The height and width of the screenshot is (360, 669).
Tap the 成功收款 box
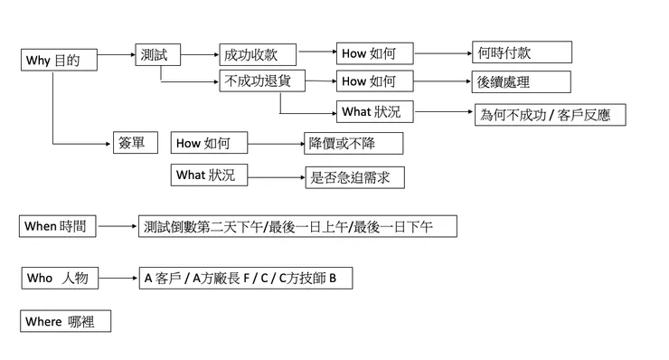(x=257, y=54)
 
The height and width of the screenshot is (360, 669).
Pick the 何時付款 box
(x=521, y=52)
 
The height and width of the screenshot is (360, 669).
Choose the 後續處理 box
(x=521, y=81)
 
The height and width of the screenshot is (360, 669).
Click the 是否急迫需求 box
(x=353, y=176)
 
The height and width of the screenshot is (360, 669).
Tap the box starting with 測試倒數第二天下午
(x=297, y=226)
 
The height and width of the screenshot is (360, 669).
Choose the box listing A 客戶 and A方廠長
(x=244, y=279)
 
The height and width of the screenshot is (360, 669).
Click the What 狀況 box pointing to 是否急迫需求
(x=209, y=175)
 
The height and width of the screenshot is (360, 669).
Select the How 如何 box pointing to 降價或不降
(x=209, y=143)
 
